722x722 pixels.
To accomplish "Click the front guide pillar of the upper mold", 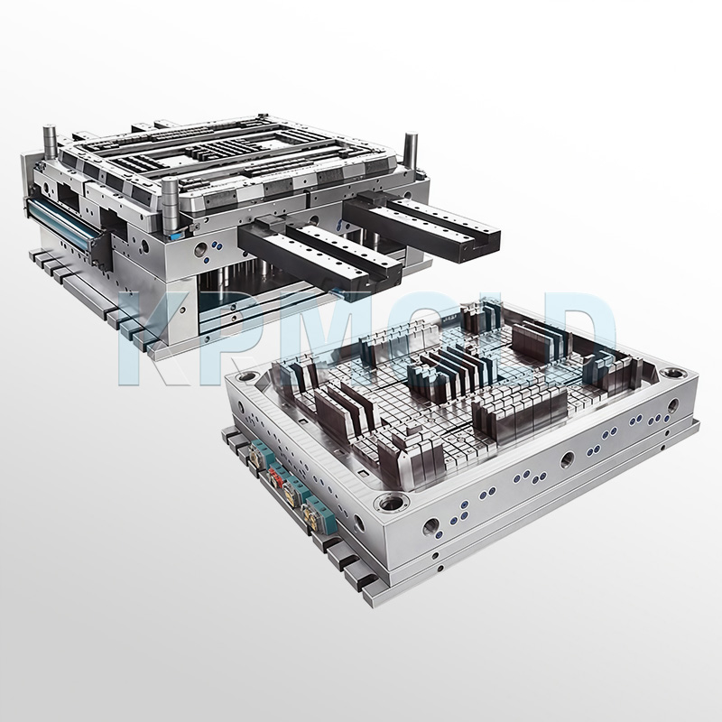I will coord(168,200).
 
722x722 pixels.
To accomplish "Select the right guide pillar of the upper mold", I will coord(412,146).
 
